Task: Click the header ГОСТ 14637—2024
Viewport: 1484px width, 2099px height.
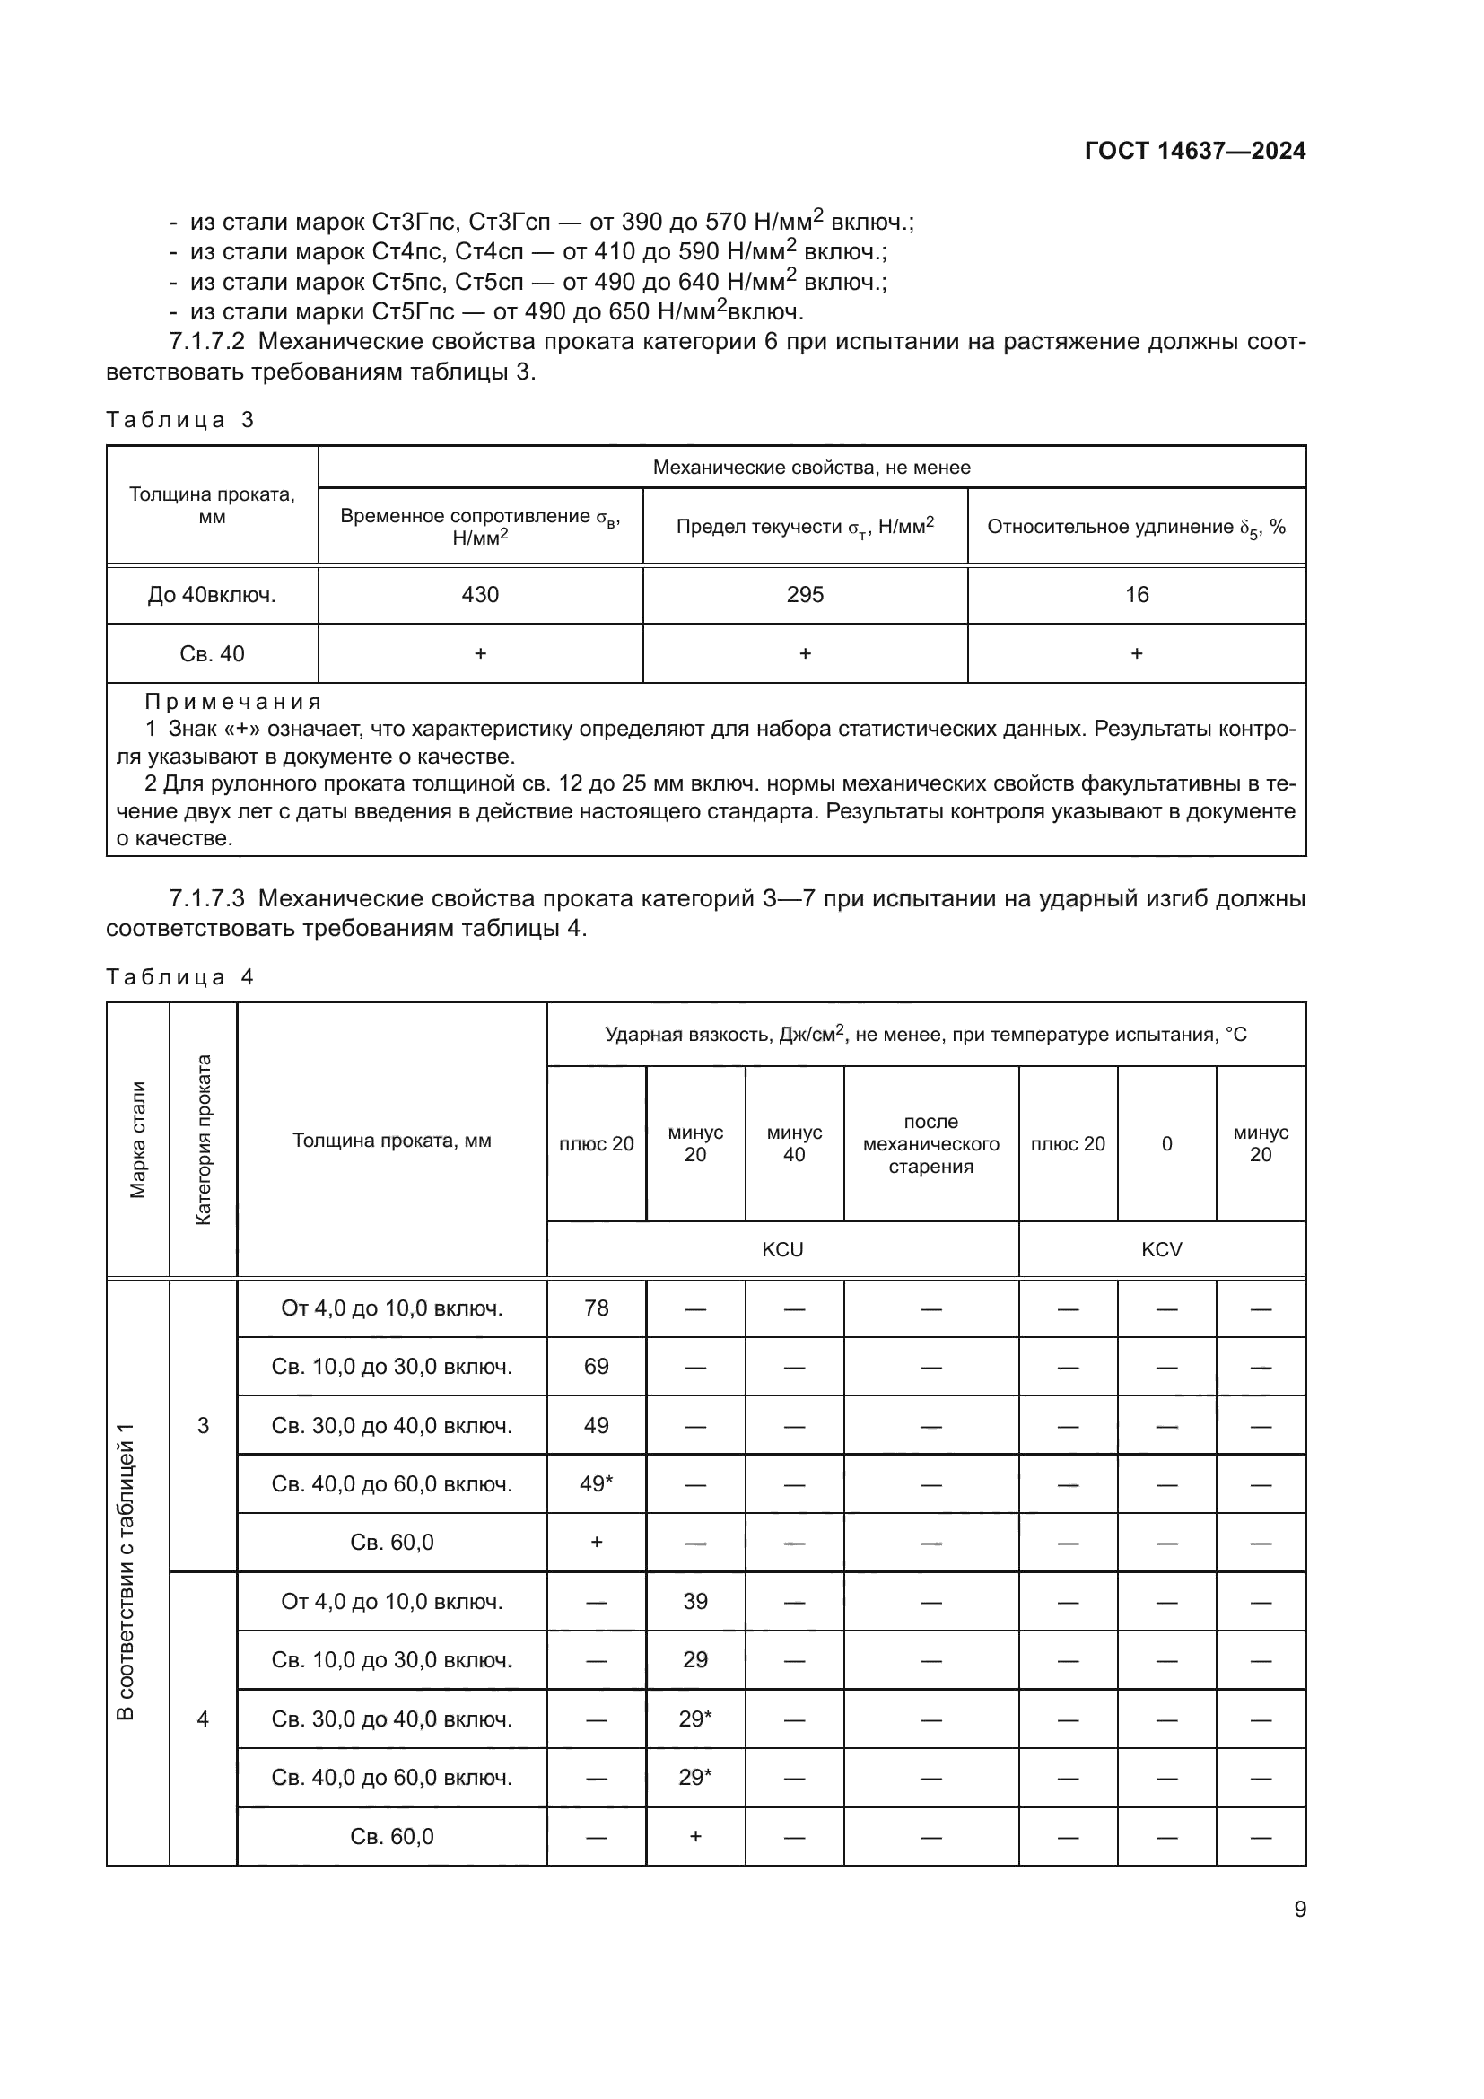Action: pyautogui.click(x=1194, y=151)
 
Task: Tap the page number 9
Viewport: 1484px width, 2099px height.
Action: pyautogui.click(x=1299, y=1910)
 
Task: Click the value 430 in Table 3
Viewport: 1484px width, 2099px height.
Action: pyautogui.click(x=480, y=595)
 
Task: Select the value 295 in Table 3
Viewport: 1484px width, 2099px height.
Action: pyautogui.click(x=805, y=595)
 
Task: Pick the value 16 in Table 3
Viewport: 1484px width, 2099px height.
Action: pyautogui.click(x=1136, y=595)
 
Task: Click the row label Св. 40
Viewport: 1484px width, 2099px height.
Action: pyautogui.click(x=212, y=653)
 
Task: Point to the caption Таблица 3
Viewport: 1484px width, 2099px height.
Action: pyautogui.click(x=180, y=420)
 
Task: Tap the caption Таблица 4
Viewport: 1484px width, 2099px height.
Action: pyautogui.click(x=180, y=977)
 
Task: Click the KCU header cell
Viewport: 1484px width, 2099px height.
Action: pyautogui.click(x=782, y=1250)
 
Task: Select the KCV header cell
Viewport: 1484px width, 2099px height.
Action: pyautogui.click(x=1161, y=1250)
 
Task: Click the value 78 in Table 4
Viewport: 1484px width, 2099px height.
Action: pyautogui.click(x=596, y=1308)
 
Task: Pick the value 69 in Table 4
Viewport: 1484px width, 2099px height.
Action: pyautogui.click(x=596, y=1367)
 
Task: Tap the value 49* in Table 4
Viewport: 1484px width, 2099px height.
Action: pyautogui.click(x=596, y=1483)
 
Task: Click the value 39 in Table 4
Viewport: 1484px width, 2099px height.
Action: pyautogui.click(x=694, y=1602)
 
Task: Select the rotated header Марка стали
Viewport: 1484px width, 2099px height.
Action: pyautogui.click(x=138, y=1139)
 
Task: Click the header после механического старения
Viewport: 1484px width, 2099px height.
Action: pyautogui.click(x=930, y=1143)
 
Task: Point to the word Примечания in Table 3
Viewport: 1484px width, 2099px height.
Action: pyautogui.click(x=233, y=702)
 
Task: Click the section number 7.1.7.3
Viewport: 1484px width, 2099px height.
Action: pyautogui.click(x=207, y=898)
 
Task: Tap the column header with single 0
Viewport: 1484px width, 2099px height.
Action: pyautogui.click(x=1166, y=1143)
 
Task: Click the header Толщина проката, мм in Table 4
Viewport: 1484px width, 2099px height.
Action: pyautogui.click(x=391, y=1140)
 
